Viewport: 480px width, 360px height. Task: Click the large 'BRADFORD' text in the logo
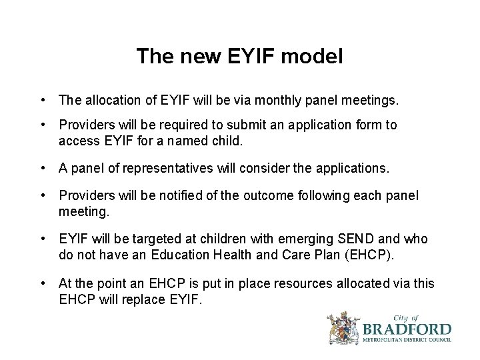pos(407,329)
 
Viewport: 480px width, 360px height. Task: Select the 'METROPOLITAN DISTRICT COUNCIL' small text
pos(407,341)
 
